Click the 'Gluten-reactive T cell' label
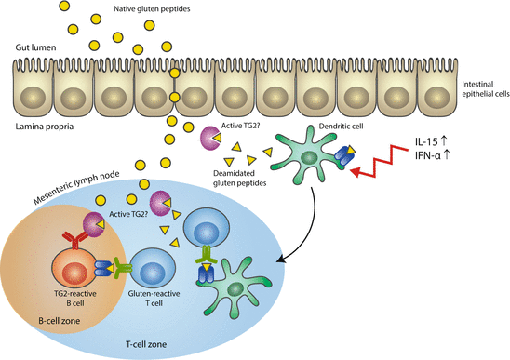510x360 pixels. [x=150, y=304]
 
